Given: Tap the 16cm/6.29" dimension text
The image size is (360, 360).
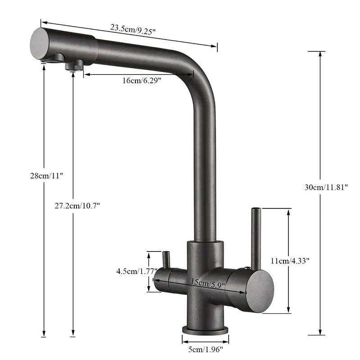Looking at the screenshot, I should [142, 81].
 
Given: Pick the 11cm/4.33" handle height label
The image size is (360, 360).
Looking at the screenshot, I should [290, 261].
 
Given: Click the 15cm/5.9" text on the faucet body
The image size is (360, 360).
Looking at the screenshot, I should [205, 284].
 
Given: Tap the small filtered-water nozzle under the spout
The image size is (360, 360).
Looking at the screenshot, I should [75, 66].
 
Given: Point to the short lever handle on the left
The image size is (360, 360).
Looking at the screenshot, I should [165, 260].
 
